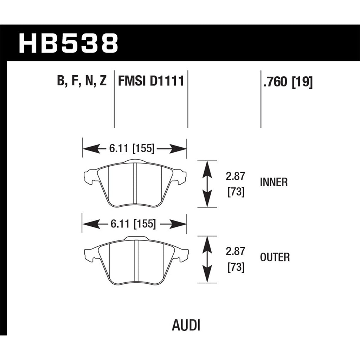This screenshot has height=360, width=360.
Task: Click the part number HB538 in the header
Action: [69, 43]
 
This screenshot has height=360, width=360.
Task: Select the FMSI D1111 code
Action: [151, 81]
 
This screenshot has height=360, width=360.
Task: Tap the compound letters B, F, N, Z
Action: [82, 81]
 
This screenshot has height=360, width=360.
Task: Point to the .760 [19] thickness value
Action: [288, 82]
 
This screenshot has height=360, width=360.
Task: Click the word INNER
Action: [274, 182]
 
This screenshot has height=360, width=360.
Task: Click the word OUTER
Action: [275, 257]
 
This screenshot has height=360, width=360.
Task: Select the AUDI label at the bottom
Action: [186, 325]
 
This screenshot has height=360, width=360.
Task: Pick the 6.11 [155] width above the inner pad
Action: [131, 149]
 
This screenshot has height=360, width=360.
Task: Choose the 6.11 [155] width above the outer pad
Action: [133, 224]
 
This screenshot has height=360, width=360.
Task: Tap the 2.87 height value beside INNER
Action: [236, 176]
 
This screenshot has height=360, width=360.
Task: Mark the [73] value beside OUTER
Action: [236, 268]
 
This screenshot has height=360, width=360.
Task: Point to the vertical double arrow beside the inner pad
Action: [207, 184]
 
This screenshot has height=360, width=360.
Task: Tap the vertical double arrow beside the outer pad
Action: [207, 259]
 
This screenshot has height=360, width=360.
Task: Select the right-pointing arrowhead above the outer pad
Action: [178, 224]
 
